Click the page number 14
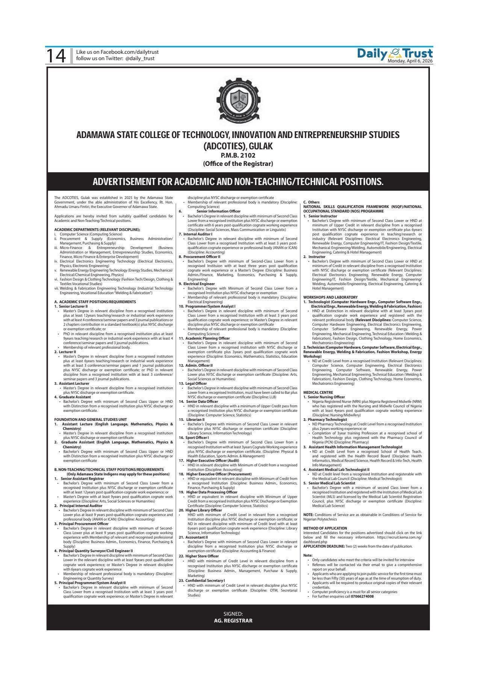[55, 56]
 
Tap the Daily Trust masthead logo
[395, 53]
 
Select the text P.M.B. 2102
[238, 155]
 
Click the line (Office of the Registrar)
[238, 164]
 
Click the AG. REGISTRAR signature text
[233, 621]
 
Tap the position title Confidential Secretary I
[205, 580]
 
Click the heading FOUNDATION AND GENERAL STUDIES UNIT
[90, 419]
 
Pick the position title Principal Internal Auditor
[81, 506]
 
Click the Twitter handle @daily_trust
[140, 59]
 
